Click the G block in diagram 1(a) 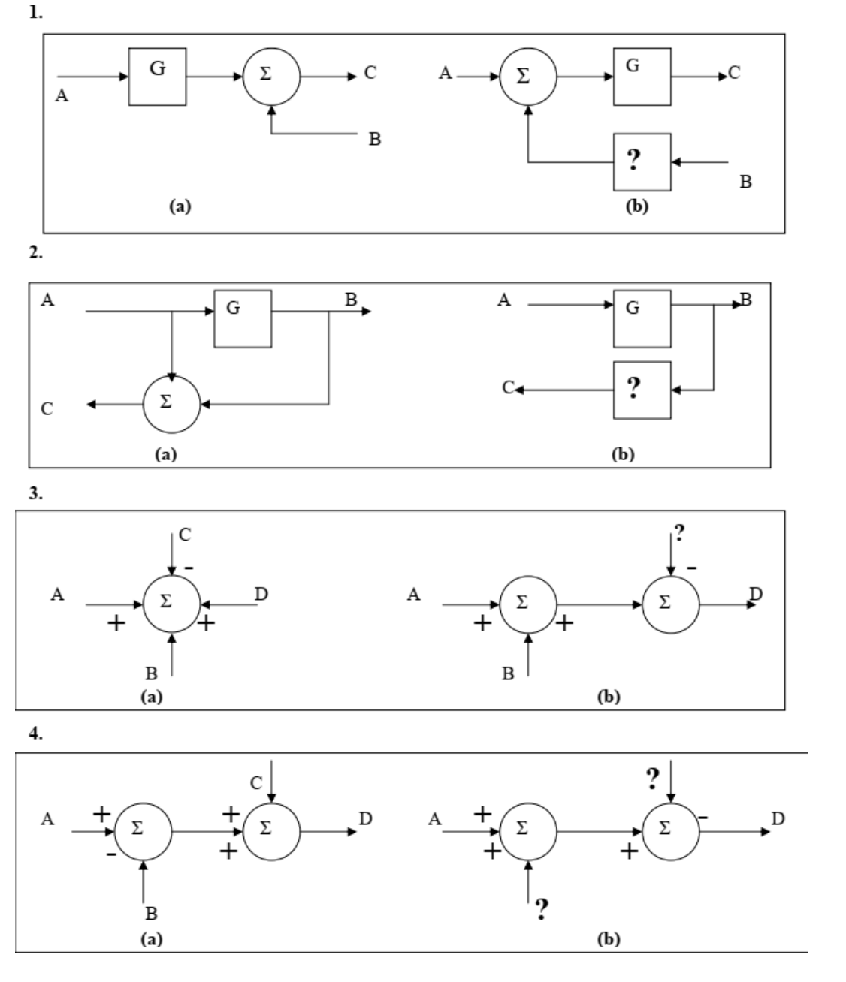(157, 77)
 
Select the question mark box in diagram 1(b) (642, 161)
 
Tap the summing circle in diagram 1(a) (270, 77)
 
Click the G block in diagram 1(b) (642, 77)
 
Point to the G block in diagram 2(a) (243, 318)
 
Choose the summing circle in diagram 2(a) (171, 404)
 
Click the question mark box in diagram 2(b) (642, 390)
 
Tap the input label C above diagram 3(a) (185, 535)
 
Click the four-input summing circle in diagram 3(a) (171, 604)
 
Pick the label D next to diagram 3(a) (261, 595)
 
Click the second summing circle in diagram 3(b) (671, 604)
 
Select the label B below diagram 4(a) (151, 914)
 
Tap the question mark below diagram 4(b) (540, 911)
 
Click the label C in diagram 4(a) (257, 783)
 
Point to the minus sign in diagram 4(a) (110, 854)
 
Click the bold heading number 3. (35, 496)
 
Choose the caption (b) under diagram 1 (636, 207)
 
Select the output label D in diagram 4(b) (778, 818)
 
